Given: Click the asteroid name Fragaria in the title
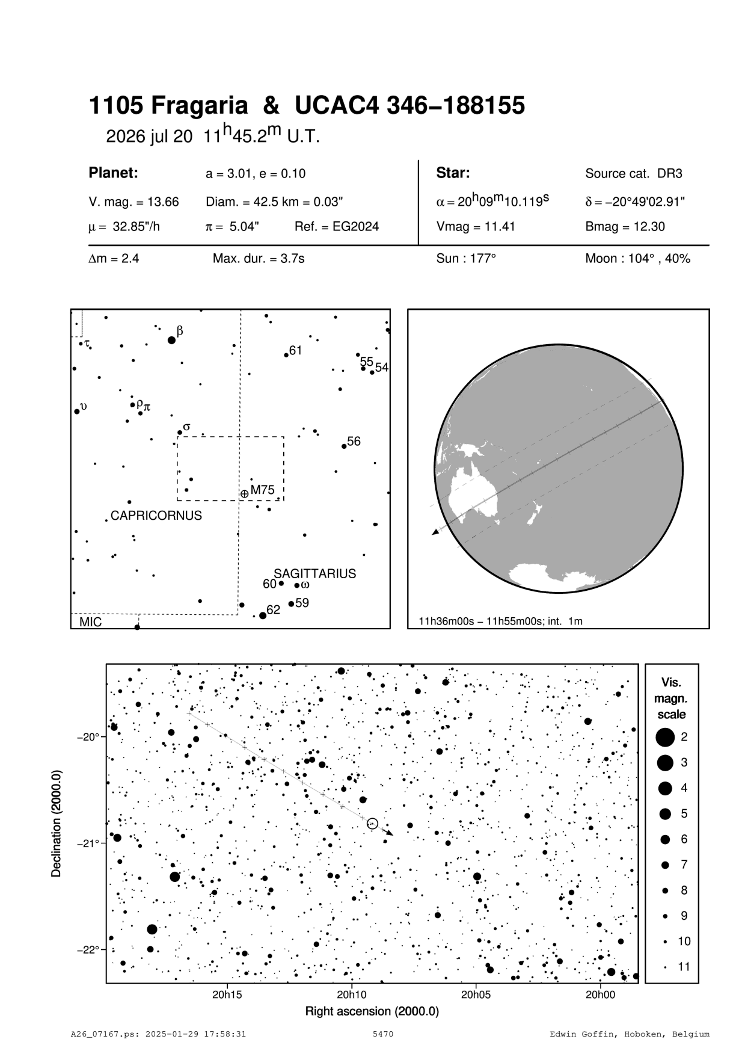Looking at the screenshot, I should pos(199,106).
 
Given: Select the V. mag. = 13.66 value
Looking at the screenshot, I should pos(133,202).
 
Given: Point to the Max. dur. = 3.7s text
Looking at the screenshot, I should pos(259,259).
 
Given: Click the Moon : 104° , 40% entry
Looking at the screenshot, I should pos(637,259).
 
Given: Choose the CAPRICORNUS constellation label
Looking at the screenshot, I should pos(156,516).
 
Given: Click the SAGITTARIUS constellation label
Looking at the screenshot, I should pos(315,573).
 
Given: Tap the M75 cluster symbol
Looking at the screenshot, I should pos(244,494).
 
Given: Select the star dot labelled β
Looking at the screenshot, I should pos(171,340).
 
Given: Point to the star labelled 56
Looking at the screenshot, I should pos(344,446).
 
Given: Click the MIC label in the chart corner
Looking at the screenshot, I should pos(91,623).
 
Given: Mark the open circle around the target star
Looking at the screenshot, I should pos(372,823).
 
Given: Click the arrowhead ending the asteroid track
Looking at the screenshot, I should pos(390,833).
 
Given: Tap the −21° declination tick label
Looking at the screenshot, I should pos(89,843).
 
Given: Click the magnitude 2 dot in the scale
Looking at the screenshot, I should pos(665,736).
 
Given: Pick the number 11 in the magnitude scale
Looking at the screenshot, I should pos(684,967).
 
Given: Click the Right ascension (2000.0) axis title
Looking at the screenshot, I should pos(372,1011).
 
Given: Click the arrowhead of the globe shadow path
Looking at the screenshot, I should pos(435,532).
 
